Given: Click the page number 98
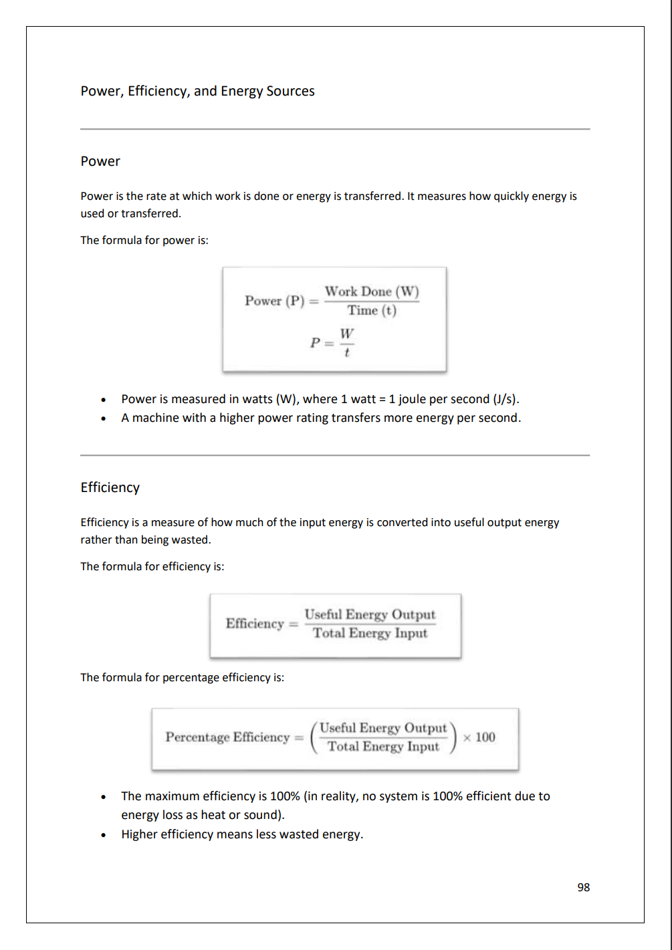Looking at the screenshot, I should click(x=583, y=887).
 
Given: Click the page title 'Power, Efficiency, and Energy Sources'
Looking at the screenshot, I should click(x=197, y=91).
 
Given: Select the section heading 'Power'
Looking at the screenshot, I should click(x=100, y=161).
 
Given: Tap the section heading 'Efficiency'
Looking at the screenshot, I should click(x=110, y=487).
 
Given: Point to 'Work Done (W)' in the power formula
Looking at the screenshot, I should click(x=372, y=291).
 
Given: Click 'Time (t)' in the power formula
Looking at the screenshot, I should click(x=372, y=310).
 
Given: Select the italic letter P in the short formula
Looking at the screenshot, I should click(x=315, y=343).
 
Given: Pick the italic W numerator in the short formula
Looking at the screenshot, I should click(x=346, y=333).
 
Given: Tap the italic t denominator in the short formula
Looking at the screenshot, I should click(x=346, y=352).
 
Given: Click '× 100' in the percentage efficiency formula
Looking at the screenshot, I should click(x=479, y=737).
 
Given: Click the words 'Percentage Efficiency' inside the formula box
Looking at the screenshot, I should click(x=227, y=737).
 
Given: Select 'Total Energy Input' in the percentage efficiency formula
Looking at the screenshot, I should click(x=383, y=747).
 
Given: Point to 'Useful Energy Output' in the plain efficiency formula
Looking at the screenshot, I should click(x=370, y=614).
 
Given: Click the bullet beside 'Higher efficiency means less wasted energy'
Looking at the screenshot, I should click(x=103, y=835).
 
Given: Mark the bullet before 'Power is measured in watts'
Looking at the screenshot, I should click(x=103, y=400).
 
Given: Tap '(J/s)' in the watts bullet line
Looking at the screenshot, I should click(x=506, y=399).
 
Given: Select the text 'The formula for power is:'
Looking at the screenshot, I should click(x=144, y=240).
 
